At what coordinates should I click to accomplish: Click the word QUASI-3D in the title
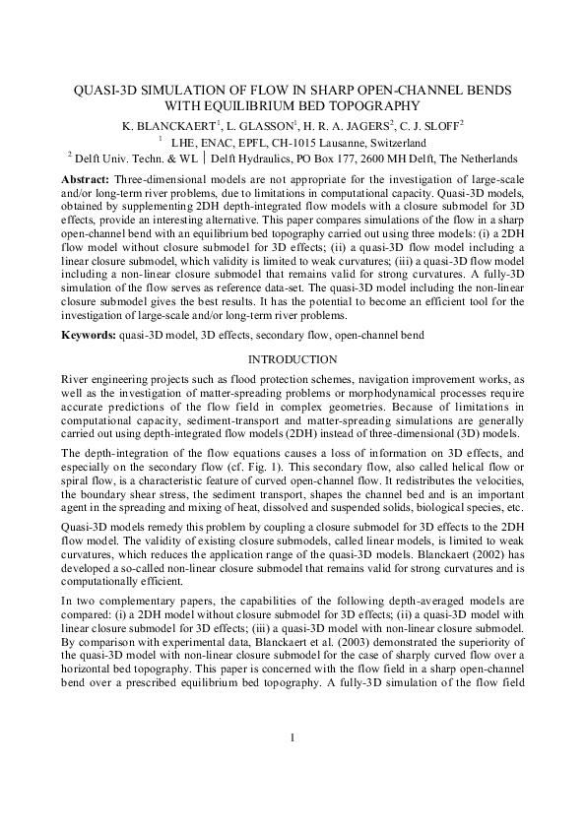[110, 90]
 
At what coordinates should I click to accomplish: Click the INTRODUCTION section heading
[293, 359]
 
